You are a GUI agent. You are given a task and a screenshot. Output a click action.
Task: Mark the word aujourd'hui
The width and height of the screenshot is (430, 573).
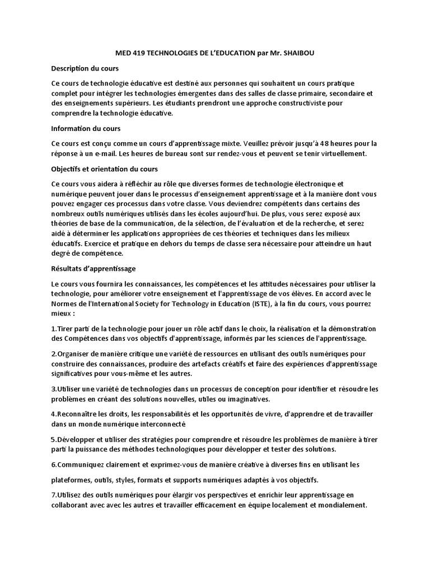tap(244, 213)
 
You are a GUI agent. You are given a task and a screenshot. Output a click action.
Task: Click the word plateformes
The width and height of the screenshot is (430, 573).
tap(73, 480)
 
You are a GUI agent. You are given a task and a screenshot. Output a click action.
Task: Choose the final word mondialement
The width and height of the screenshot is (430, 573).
tap(341, 504)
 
